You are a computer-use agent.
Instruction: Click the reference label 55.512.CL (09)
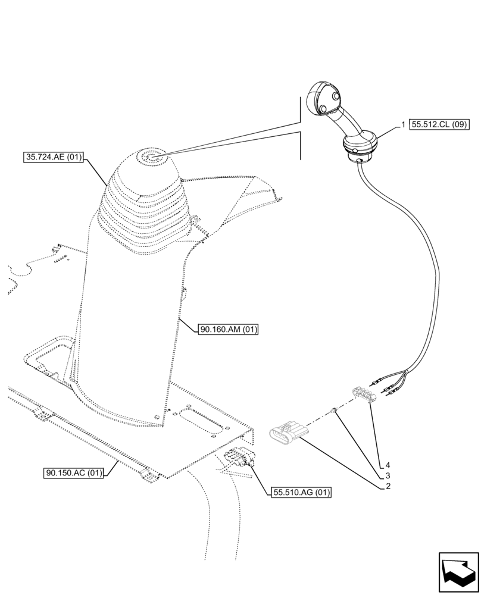440,125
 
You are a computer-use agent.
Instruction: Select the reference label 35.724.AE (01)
54,158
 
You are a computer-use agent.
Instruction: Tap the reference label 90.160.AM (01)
229,329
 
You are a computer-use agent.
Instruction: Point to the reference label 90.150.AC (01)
74,474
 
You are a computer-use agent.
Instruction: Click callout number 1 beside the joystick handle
404,125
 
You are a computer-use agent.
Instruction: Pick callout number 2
388,486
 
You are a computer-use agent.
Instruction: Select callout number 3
388,475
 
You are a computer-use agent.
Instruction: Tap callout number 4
388,465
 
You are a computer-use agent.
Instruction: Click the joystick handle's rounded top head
324,99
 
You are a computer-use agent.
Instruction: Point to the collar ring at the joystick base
360,146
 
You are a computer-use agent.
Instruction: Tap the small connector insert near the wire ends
363,394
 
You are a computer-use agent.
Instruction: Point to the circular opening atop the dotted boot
149,158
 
